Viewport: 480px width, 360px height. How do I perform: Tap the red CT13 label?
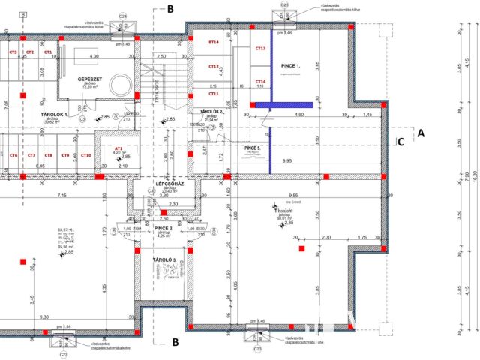pos(260,48)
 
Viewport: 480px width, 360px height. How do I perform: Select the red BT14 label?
pos(213,43)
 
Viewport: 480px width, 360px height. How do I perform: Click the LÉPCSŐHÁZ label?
pos(165,183)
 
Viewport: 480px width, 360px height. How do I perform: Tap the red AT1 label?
pos(118,148)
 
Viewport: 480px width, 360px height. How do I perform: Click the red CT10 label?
pos(85,155)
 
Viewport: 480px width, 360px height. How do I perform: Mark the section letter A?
pos(421,133)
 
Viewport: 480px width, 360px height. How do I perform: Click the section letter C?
pos(401,139)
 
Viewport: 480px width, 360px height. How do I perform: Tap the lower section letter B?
pos(175,342)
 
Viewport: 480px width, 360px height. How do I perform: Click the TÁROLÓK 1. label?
pos(54,114)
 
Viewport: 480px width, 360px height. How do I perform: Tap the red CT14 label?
pos(260,81)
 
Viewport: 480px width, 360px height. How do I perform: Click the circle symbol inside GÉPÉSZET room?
pos(118,82)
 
